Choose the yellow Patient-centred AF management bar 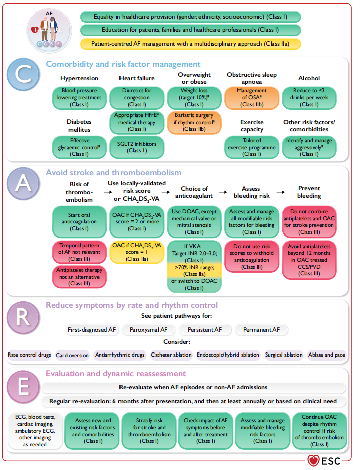pyautogui.click(x=190, y=44)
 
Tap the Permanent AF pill pyautogui.click(x=262, y=330)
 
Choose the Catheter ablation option pyautogui.click(x=171, y=355)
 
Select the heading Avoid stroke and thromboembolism pyautogui.click(x=113, y=173)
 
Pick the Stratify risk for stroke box pyautogui.click(x=149, y=431)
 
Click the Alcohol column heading pyautogui.click(x=309, y=78)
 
